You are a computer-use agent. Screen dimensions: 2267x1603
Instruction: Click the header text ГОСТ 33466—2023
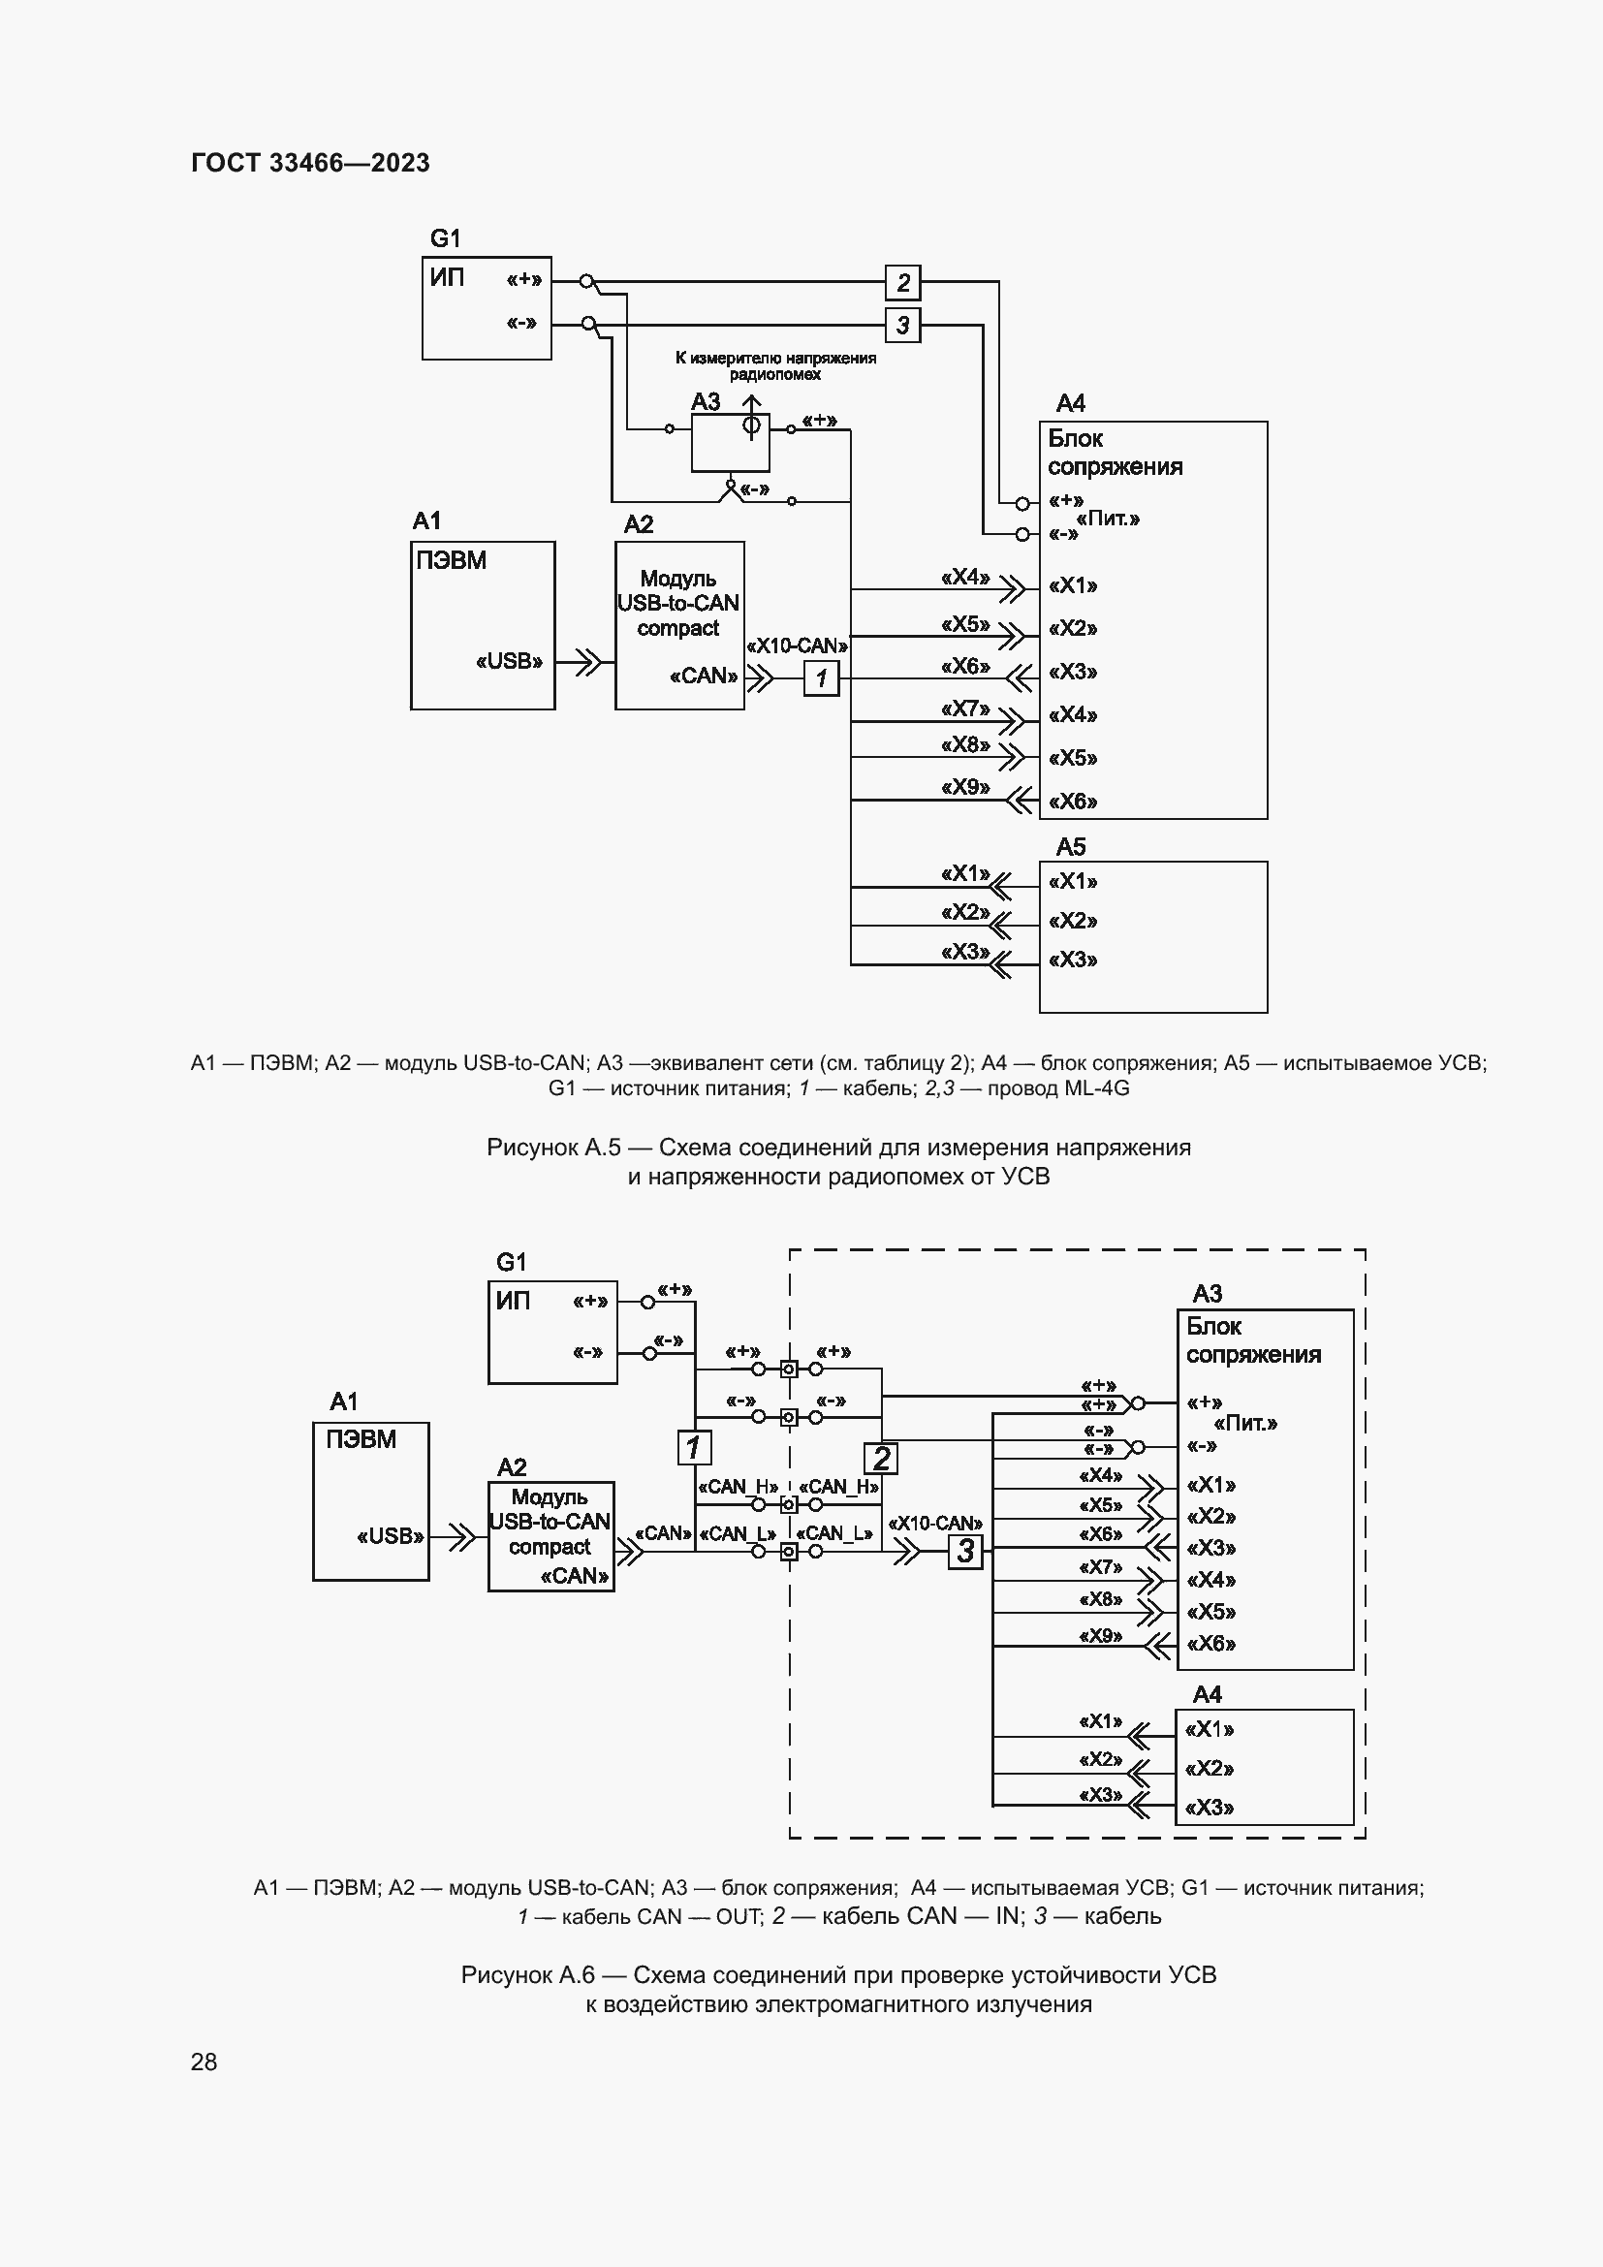point(310,163)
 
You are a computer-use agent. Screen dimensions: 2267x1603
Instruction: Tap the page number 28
point(204,2062)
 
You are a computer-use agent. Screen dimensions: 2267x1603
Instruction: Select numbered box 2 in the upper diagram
point(902,283)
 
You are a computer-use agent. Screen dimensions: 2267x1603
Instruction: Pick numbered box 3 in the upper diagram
point(902,325)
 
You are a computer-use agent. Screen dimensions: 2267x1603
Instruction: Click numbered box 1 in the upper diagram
point(821,678)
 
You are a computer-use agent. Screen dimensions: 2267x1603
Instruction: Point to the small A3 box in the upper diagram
point(730,441)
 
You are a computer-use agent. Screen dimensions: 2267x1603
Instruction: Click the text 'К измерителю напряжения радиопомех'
point(775,366)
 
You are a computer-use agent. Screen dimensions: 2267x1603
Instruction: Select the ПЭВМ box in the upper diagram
point(483,625)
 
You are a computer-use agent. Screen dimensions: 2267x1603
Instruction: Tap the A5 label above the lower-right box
point(1070,846)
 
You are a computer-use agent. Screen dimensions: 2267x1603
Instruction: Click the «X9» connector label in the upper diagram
point(964,787)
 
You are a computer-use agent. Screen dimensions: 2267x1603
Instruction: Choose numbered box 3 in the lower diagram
point(965,1551)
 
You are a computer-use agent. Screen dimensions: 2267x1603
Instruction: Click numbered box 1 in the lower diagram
point(694,1447)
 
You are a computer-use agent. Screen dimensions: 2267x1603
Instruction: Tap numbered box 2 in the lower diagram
point(880,1458)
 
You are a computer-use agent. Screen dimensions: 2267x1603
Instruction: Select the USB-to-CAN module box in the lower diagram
point(550,1536)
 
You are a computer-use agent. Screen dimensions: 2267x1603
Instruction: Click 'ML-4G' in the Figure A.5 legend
point(1097,1088)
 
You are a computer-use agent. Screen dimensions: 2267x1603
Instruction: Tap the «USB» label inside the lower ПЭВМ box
point(390,1536)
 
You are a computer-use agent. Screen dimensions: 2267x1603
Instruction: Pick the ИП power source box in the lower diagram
point(551,1332)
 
